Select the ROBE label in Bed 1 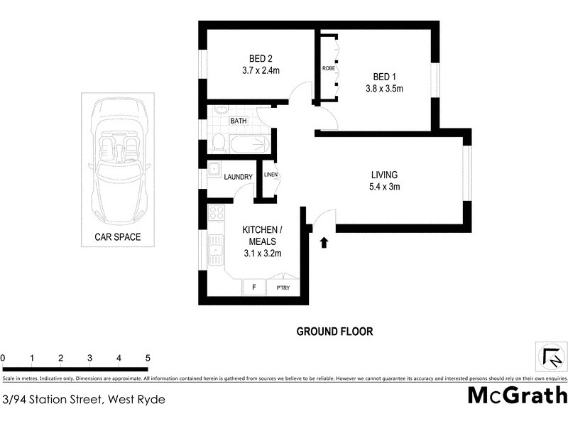pos(328,69)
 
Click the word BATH pos(238,121)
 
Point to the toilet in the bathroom pos(219,143)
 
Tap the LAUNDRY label pos(238,177)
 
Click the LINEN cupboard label pos(271,175)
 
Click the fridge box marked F pos(253,288)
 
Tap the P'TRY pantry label pos(283,288)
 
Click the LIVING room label pos(384,175)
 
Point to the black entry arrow pos(324,243)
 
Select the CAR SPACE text pos(117,237)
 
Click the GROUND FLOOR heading pos(334,332)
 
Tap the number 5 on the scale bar pos(148,358)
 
